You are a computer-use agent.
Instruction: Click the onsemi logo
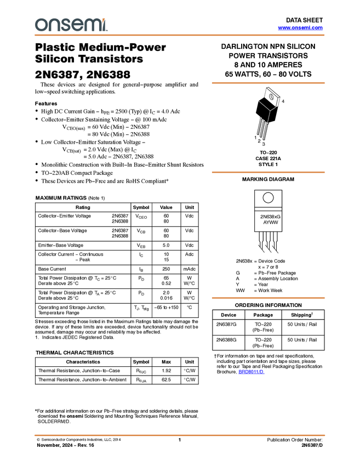(x=71, y=25)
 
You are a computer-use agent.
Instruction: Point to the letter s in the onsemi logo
(x=64, y=25)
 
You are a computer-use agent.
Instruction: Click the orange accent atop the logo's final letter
(x=105, y=19)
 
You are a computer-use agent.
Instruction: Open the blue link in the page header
(x=300, y=28)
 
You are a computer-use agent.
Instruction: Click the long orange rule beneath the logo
(x=180, y=35)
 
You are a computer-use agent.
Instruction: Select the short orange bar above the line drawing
(x=268, y=83)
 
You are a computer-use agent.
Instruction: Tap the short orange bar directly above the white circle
(x=268, y=172)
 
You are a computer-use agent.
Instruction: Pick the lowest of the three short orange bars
(x=268, y=298)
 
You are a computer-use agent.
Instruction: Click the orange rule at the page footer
(x=180, y=435)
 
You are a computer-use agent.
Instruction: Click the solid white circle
(x=268, y=198)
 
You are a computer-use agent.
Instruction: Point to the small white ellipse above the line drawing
(x=271, y=96)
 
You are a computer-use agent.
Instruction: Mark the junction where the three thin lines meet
(x=270, y=111)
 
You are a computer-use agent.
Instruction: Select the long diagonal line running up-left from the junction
(x=264, y=105)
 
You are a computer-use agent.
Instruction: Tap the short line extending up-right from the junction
(x=273, y=109)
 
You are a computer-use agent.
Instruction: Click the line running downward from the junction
(x=268, y=117)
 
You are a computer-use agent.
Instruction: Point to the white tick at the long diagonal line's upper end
(x=258, y=100)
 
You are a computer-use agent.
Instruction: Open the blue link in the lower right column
(x=252, y=372)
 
